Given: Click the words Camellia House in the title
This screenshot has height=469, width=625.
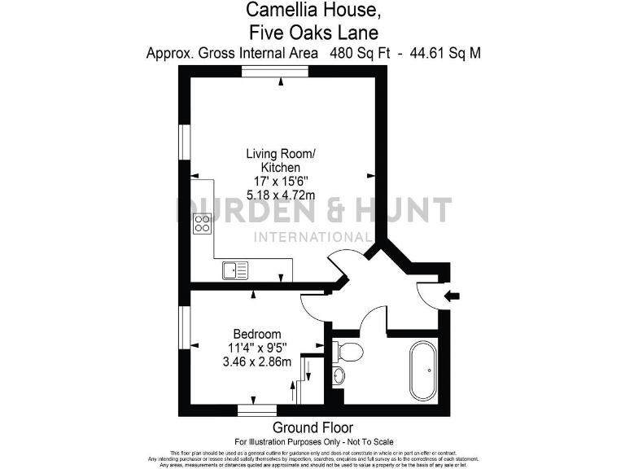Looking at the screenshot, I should coord(312,11).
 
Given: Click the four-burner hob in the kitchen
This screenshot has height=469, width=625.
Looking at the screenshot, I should coord(203,224).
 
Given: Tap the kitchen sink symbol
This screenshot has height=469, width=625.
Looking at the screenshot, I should coord(234,270).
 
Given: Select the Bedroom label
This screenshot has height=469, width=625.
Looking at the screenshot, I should coord(257,334).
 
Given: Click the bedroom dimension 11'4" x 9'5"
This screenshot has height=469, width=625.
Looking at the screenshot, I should coord(257,348).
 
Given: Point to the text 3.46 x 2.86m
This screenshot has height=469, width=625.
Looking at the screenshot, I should coord(257,362).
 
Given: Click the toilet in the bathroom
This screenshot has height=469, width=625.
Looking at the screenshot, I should coord(348,352).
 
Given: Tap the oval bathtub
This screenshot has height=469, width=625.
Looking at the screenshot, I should coord(423,370).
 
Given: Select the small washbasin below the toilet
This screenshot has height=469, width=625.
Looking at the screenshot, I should coord(339,375).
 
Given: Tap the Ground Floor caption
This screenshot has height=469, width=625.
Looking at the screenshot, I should coord(312,428).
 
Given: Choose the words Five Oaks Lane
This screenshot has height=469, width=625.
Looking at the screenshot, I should coord(312,33).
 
